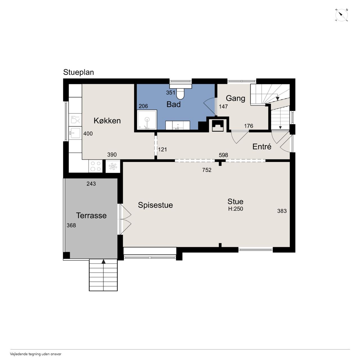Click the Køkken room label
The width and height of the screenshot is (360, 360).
pyautogui.click(x=107, y=121)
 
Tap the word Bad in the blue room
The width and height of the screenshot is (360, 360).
pyautogui.click(x=174, y=104)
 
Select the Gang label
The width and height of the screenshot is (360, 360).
pyautogui.click(x=235, y=98)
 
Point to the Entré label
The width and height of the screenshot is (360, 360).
pyautogui.click(x=262, y=147)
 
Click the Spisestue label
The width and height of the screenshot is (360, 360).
pyautogui.click(x=156, y=205)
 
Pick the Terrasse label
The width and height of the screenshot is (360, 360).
pyautogui.click(x=91, y=215)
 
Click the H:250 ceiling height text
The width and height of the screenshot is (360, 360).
pyautogui.click(x=236, y=209)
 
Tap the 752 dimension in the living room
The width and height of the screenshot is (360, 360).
pyautogui.click(x=207, y=170)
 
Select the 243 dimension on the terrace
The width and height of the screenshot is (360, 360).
pyautogui.click(x=91, y=184)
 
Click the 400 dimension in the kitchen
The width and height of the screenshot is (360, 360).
pyautogui.click(x=88, y=134)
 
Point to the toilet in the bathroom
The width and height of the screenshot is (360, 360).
pyautogui.click(x=180, y=93)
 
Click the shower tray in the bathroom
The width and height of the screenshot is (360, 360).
pyautogui.click(x=147, y=120)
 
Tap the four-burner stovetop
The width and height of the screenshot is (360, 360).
pyautogui.click(x=95, y=166)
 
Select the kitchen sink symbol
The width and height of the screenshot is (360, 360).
pyautogui.click(x=75, y=133)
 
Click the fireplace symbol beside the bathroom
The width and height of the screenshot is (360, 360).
pyautogui.click(x=218, y=125)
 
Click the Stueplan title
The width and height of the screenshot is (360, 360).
pyautogui.click(x=78, y=72)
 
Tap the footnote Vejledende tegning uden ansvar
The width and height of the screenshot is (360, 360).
pyautogui.click(x=36, y=354)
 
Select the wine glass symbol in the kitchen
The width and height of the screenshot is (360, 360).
pyautogui.click(x=75, y=120)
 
